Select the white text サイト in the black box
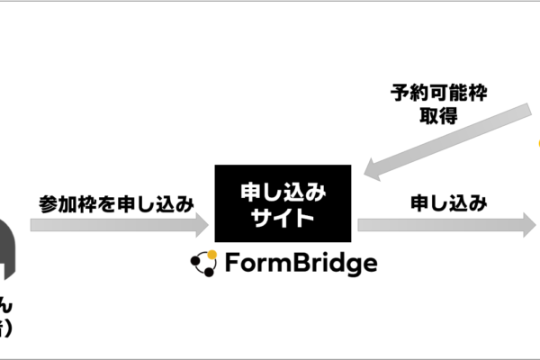(x=283, y=218)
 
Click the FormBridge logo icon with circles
(x=204, y=263)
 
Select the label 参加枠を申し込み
(x=117, y=202)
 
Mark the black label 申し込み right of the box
(x=448, y=202)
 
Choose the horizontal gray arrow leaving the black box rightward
(x=441, y=224)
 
